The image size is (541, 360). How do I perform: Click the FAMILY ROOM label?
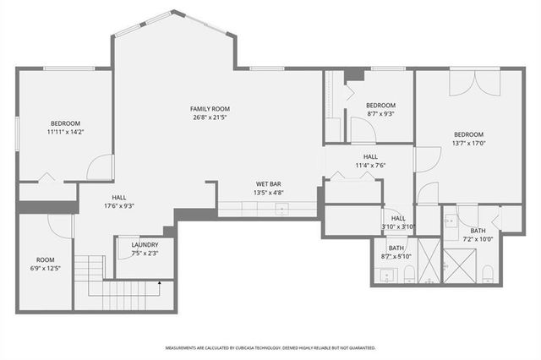[210, 109]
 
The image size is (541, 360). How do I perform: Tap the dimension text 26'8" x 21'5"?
[210, 117]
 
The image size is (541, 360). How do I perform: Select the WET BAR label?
[269, 183]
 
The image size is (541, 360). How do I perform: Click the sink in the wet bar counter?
[280, 206]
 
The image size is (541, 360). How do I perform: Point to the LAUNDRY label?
[145, 244]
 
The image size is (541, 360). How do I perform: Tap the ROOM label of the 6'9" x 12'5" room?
[45, 259]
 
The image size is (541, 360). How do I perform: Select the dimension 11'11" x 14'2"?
[66, 132]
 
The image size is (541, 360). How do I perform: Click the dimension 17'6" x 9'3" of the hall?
[119, 205]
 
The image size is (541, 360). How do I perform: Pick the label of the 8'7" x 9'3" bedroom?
[380, 105]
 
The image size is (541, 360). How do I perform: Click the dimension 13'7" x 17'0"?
[468, 143]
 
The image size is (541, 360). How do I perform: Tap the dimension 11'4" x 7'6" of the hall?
[370, 166]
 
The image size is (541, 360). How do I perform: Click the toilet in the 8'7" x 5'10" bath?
[409, 273]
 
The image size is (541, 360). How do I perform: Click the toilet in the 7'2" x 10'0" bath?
[488, 273]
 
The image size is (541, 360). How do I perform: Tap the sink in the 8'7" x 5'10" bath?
[387, 275]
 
